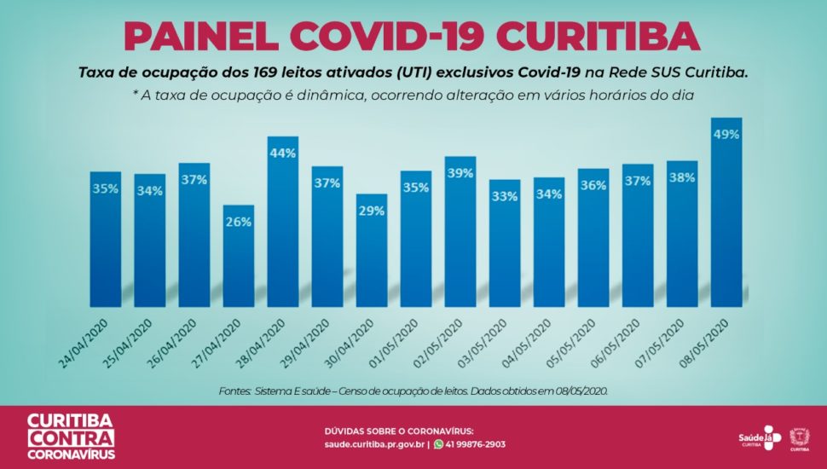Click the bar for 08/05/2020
tap(726, 213)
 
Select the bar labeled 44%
tap(282, 222)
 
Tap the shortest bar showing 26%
tap(238, 256)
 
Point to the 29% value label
tap(372, 211)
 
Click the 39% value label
tap(460, 173)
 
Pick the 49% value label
tap(726, 135)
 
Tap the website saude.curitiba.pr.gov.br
tap(374, 444)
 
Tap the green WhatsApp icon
tap(438, 444)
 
